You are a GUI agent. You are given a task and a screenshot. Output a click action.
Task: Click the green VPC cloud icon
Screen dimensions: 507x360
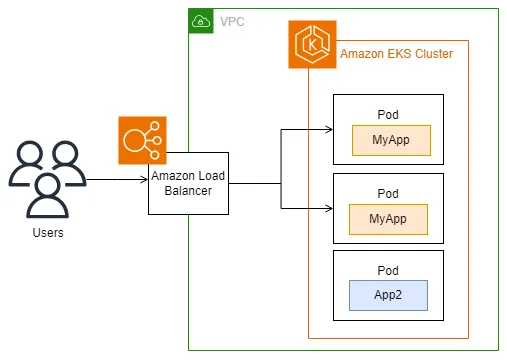[201, 21]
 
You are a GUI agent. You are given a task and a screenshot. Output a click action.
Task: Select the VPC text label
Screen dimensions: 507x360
[232, 22]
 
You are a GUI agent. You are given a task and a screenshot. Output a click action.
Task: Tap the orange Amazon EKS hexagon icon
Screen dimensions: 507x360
[312, 44]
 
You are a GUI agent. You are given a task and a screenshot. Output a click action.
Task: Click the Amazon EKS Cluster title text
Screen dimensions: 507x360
[396, 54]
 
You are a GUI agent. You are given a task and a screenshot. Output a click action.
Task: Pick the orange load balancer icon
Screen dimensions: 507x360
[142, 140]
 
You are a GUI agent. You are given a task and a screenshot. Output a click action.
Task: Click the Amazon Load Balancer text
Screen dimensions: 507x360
[188, 183]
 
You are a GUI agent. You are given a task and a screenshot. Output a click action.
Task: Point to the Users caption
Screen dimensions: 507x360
[48, 233]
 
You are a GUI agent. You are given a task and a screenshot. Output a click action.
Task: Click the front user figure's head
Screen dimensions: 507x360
[48, 185]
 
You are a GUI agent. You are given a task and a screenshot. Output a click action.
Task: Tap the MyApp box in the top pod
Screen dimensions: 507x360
[391, 140]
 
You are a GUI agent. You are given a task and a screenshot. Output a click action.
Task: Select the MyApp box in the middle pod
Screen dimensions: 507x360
[388, 219]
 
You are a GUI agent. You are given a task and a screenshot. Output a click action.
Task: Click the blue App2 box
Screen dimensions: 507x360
[388, 295]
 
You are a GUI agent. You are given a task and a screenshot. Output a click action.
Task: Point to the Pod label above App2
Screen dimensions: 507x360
[388, 271]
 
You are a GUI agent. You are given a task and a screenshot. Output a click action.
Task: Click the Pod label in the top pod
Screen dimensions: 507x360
[388, 115]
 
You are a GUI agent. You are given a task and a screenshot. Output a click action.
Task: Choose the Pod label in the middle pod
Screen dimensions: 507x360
[388, 194]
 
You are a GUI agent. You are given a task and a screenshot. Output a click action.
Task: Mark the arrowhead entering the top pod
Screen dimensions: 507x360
[329, 129]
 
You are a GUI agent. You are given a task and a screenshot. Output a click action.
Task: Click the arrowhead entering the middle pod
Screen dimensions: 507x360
[329, 208]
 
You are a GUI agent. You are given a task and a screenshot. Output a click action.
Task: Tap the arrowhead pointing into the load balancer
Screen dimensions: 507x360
[144, 180]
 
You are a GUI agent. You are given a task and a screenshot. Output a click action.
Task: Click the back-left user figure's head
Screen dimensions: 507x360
[30, 153]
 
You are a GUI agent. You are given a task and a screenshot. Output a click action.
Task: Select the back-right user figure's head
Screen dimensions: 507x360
[65, 153]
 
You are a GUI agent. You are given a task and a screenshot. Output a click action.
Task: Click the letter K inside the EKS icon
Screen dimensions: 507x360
[312, 45]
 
